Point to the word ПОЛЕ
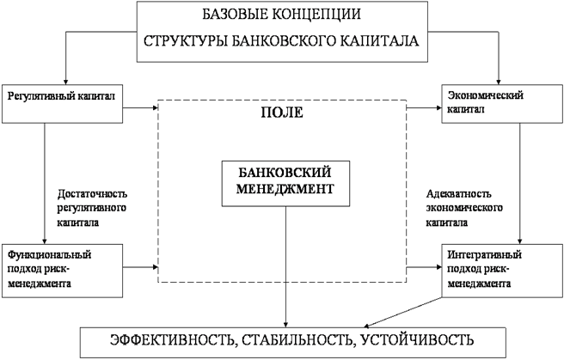click(282, 113)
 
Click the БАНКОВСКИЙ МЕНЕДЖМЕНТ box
click(281, 182)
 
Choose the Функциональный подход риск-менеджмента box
click(63, 268)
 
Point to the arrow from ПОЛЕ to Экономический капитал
click(423, 108)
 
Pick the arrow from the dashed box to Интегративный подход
click(423, 268)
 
